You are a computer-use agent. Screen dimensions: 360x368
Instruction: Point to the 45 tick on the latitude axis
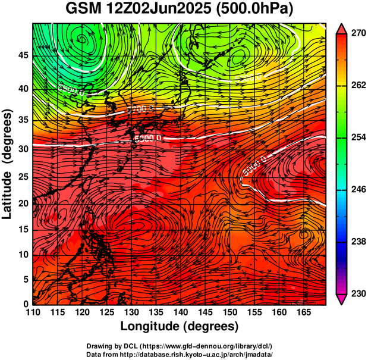(23, 55)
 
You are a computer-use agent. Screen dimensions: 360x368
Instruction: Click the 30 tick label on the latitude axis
(23, 149)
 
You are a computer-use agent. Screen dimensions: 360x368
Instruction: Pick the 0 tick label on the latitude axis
(26, 304)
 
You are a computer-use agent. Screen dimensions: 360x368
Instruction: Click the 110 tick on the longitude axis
(33, 313)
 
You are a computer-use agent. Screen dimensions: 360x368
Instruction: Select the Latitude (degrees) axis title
(9, 163)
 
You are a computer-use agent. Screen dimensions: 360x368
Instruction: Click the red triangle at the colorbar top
(341, 27)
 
